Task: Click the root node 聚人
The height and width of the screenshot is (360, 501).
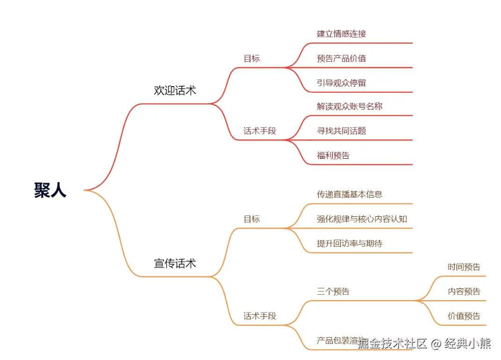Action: [x=50, y=190]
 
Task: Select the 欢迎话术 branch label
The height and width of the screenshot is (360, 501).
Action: [x=175, y=90]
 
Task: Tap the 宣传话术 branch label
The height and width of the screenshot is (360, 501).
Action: [x=175, y=264]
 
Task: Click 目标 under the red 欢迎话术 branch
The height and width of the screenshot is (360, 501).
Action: [x=252, y=59]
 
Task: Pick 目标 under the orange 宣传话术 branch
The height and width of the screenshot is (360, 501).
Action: [x=252, y=219]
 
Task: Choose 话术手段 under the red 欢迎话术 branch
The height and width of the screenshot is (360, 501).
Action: [x=260, y=131]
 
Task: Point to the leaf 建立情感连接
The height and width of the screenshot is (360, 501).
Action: [x=341, y=34]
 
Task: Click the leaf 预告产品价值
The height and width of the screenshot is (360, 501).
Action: [x=341, y=59]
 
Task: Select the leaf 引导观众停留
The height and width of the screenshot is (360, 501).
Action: [x=341, y=83]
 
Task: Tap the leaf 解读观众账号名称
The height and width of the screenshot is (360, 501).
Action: [x=349, y=106]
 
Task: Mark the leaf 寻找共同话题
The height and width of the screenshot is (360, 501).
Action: [x=341, y=131]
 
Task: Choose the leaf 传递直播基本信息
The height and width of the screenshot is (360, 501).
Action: [x=349, y=194]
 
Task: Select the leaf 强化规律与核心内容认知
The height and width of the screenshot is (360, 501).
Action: [x=362, y=219]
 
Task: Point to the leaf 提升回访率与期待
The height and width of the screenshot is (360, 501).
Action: [x=349, y=243]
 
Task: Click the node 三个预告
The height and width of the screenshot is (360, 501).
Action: [x=333, y=292]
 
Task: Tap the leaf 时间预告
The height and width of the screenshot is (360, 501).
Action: [x=464, y=267]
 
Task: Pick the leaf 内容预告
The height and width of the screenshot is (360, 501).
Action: [x=464, y=292]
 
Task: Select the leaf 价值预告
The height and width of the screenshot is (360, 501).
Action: [x=464, y=316]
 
